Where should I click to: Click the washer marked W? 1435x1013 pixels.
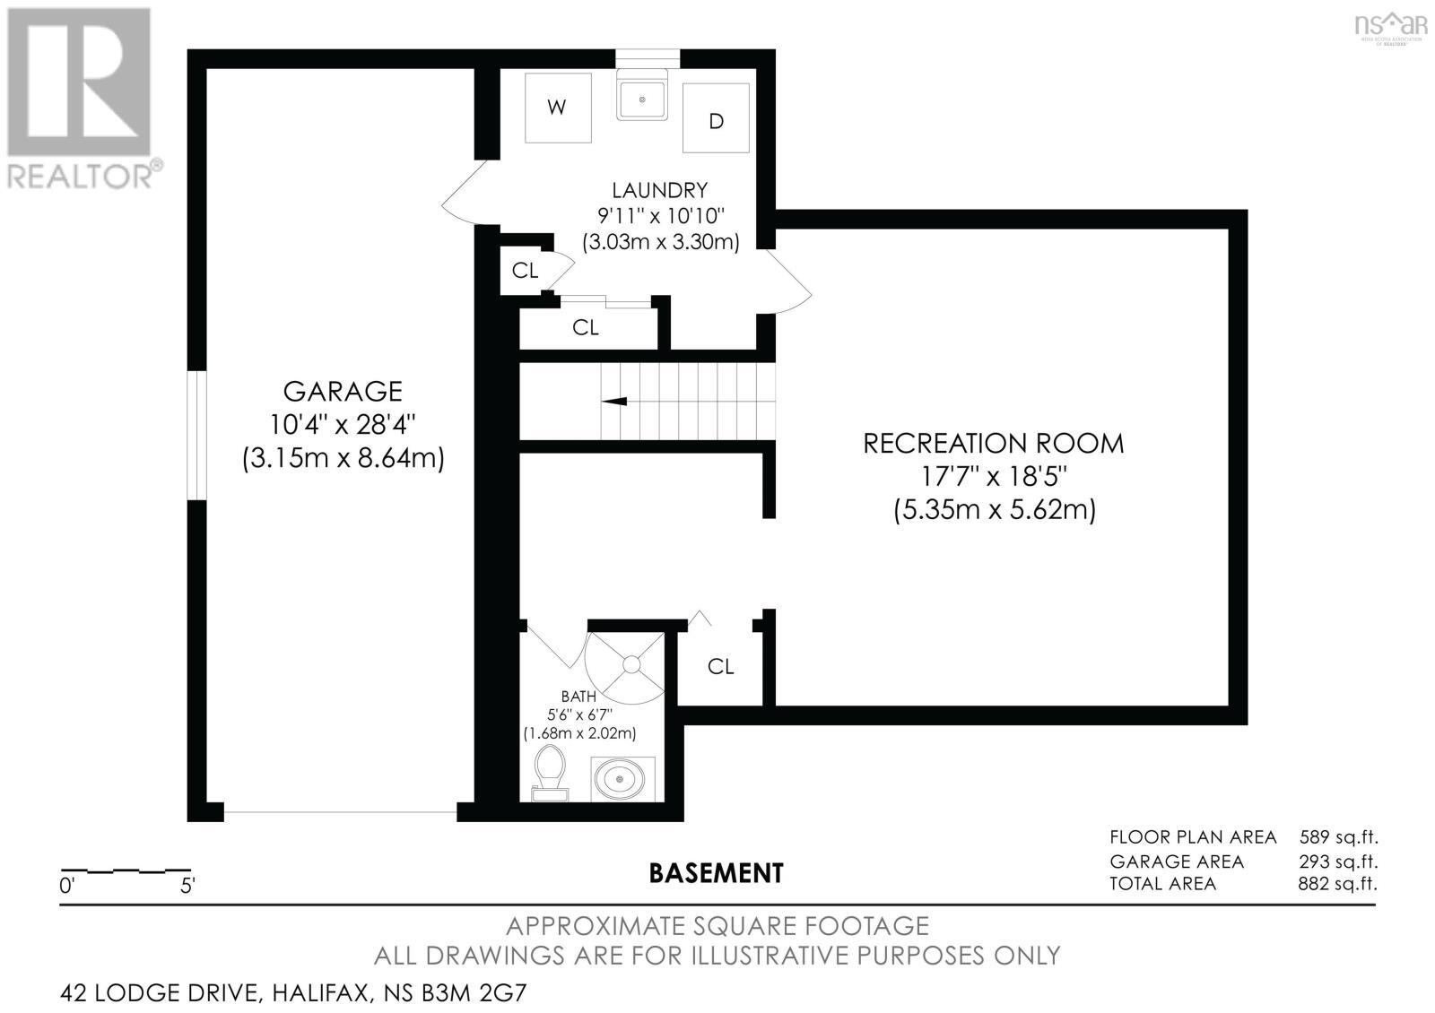click(x=557, y=108)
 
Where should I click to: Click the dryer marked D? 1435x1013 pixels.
click(x=716, y=119)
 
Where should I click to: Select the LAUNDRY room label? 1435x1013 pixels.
click(x=659, y=190)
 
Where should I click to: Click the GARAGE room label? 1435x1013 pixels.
click(x=343, y=392)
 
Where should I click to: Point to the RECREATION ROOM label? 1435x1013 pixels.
click(x=993, y=444)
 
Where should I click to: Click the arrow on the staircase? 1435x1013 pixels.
click(x=615, y=402)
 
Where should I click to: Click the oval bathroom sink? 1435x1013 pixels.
click(x=622, y=777)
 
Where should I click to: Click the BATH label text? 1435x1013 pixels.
click(x=578, y=696)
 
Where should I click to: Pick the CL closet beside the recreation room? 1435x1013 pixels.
click(x=720, y=666)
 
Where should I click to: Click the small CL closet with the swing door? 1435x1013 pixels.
click(x=525, y=270)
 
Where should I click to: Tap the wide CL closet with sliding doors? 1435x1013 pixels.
click(x=586, y=328)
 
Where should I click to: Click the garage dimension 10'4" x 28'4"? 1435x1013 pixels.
click(x=343, y=424)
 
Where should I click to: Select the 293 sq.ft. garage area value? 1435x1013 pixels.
click(x=1337, y=861)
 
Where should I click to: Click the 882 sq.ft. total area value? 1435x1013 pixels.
click(x=1337, y=884)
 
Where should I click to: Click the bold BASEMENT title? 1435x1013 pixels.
click(x=716, y=872)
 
